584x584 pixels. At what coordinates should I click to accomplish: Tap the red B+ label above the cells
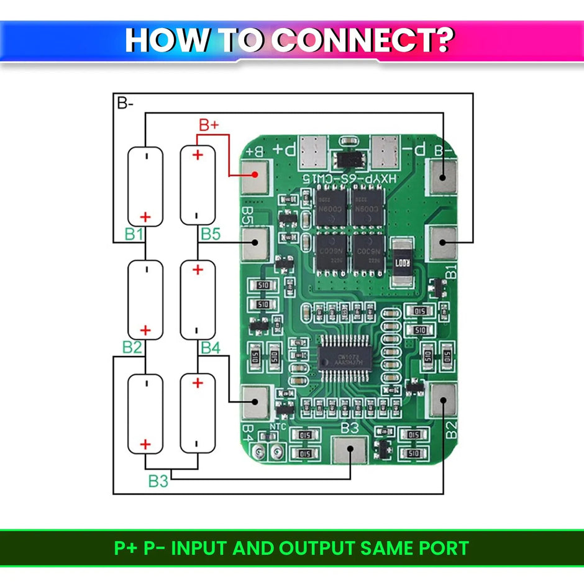point(209,125)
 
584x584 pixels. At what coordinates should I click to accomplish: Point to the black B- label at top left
point(125,103)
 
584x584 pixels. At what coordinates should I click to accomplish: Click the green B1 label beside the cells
point(134,234)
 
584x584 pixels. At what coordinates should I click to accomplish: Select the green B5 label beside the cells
point(210,234)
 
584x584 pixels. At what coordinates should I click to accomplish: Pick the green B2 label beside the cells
point(132,347)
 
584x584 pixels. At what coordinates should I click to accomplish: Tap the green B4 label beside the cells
point(210,347)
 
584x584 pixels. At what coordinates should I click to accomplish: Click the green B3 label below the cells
point(158,480)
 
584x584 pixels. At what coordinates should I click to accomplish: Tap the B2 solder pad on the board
point(442,399)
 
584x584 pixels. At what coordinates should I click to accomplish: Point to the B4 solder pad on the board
point(255,401)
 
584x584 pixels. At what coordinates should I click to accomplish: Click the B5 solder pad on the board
point(255,242)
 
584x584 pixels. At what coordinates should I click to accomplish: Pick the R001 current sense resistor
point(402,262)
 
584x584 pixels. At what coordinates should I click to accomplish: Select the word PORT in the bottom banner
point(441,549)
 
